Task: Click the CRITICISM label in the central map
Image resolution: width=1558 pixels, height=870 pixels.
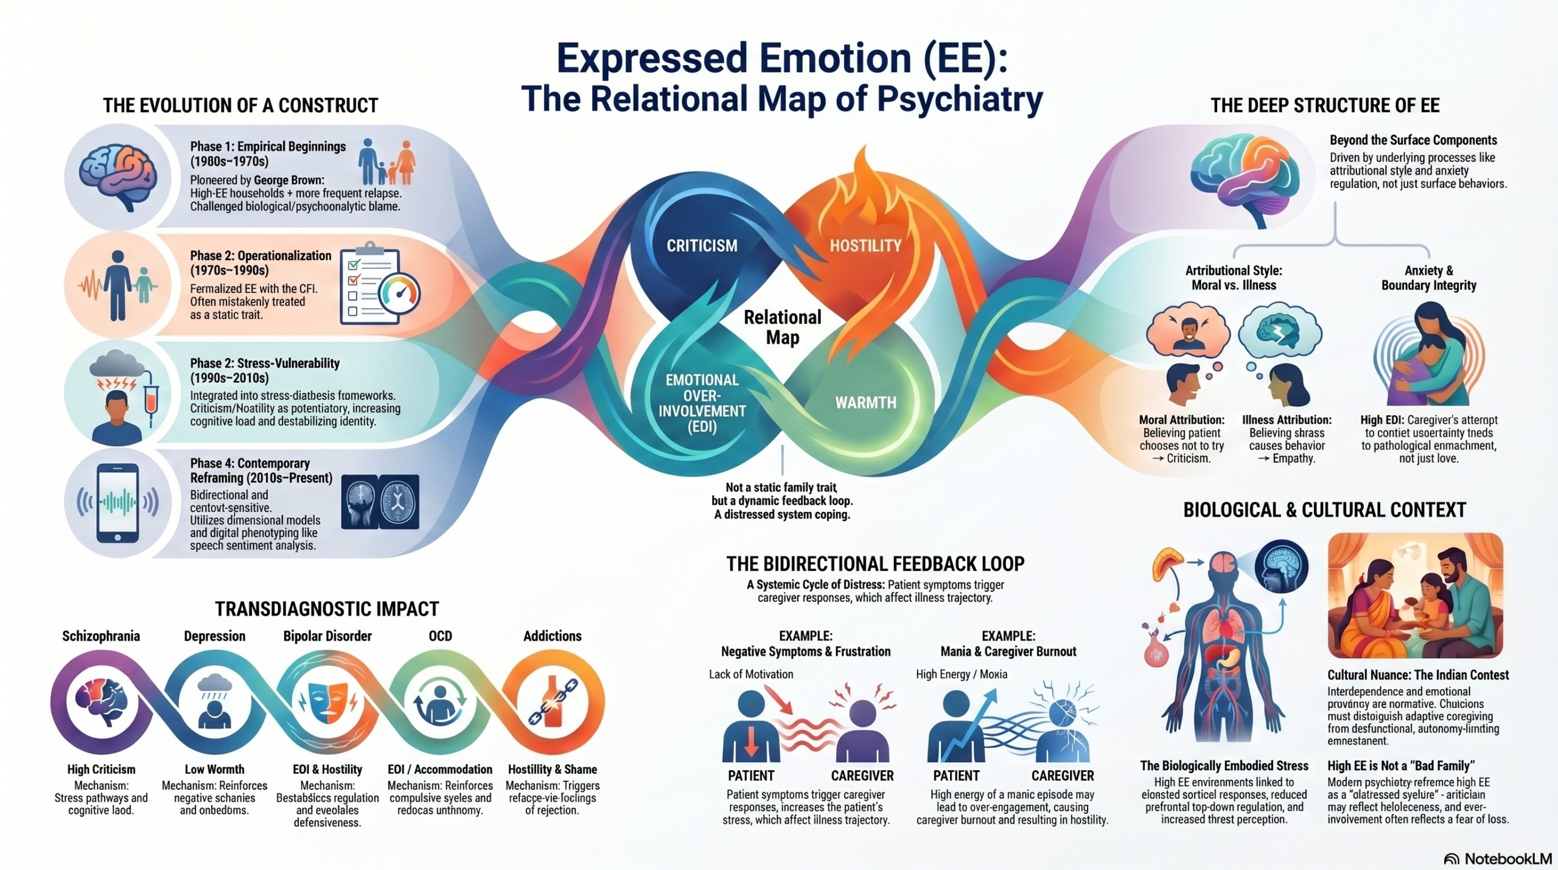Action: point(702,245)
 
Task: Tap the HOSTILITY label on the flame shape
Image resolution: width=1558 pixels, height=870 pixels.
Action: point(865,245)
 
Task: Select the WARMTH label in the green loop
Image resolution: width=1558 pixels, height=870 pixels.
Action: point(865,402)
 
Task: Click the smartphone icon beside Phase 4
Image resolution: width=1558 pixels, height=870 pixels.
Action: point(118,503)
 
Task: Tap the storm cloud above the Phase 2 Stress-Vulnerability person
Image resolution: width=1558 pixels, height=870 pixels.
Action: point(117,364)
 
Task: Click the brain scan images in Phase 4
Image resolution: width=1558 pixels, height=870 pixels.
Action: point(380,502)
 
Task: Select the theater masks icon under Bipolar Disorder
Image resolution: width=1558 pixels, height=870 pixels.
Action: point(327,703)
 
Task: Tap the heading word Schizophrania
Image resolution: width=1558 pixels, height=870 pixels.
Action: point(101,636)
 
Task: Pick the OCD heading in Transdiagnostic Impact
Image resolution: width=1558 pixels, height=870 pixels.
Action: point(440,636)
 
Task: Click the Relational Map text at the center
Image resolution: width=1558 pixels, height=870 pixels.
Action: point(783,327)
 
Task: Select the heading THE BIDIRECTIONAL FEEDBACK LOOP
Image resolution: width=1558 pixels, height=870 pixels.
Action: point(875,564)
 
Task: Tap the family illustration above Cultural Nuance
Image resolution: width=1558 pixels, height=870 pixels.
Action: point(1415,595)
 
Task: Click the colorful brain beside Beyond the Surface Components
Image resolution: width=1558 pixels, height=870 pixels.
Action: point(1245,177)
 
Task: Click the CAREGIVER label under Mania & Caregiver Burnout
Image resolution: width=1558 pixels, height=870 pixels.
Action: point(1063,776)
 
